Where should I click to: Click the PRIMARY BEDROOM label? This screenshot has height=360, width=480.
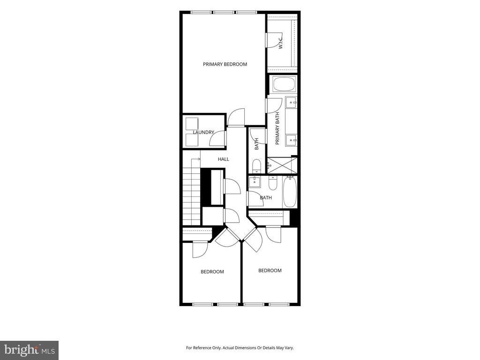point(225,64)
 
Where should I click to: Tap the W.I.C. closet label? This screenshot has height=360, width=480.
point(281,42)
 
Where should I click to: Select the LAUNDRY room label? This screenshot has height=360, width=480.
point(203,132)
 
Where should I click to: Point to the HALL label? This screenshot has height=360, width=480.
point(224,159)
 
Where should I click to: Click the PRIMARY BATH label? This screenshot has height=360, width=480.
point(277,128)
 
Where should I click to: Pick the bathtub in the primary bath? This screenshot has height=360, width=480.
point(285,84)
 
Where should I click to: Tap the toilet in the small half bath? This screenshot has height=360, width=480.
point(257,165)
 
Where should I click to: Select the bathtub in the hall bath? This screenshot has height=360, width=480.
point(290,192)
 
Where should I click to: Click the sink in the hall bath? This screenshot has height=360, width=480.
point(255,181)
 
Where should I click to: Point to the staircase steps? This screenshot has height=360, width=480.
point(191,192)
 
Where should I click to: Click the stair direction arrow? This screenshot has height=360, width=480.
point(195,159)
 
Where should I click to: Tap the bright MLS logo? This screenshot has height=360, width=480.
point(30,350)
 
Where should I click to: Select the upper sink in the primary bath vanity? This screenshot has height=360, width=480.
point(291,102)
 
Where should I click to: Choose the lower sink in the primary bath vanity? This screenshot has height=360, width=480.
point(291,140)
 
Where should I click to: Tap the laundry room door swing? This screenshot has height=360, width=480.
point(217,139)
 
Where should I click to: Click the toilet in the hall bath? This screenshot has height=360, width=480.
point(272,183)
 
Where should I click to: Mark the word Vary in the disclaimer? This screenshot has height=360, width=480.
point(289,348)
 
